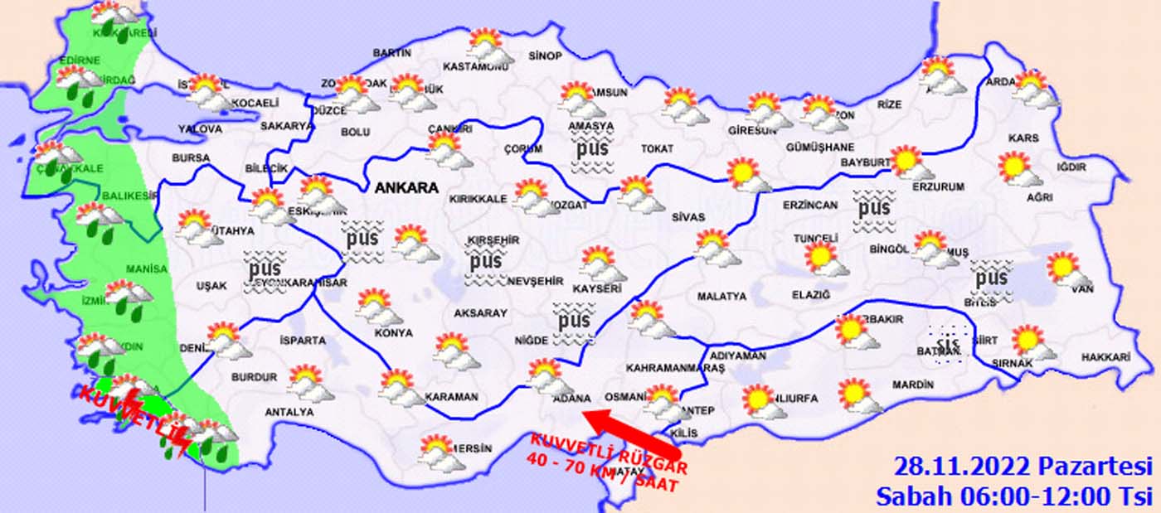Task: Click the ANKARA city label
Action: (406, 188)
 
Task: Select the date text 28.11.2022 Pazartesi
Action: (1023, 465)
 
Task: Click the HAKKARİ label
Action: (1105, 357)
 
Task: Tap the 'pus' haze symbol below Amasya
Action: (594, 152)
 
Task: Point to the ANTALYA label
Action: (289, 412)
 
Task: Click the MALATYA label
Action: (721, 296)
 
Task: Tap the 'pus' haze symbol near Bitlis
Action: (991, 278)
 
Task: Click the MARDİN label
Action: (912, 385)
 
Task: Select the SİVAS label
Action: (688, 217)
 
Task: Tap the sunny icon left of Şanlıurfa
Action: (758, 399)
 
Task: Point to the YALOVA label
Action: (200, 129)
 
